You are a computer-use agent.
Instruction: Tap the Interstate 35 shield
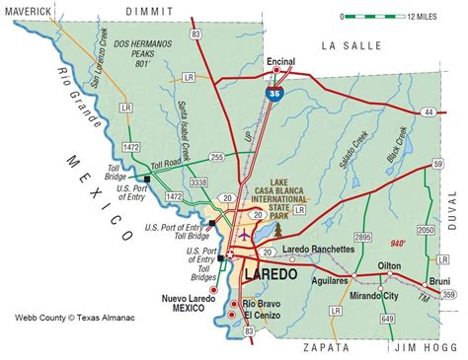(271, 92)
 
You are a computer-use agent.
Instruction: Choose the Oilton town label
(390, 266)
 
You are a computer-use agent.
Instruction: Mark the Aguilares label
(329, 282)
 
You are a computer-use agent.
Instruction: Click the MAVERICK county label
(32, 11)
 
